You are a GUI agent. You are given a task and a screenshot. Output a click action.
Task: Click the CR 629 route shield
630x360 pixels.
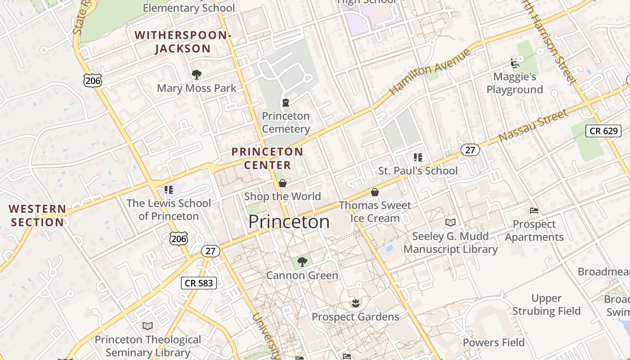tap(603, 131)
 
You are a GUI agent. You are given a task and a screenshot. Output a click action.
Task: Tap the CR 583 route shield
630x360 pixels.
tap(199, 283)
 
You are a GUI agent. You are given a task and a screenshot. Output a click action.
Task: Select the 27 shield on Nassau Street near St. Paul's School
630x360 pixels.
tap(470, 150)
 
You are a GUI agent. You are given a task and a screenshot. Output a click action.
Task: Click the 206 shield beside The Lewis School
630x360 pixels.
tap(179, 238)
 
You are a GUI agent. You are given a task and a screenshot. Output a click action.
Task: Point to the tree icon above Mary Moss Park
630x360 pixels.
tap(196, 74)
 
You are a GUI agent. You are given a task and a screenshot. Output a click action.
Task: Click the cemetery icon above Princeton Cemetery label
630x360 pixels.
tap(285, 103)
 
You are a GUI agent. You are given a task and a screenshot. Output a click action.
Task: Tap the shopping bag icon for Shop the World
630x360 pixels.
tap(283, 183)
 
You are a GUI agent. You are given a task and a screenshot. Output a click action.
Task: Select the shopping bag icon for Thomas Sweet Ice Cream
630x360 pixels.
tap(374, 192)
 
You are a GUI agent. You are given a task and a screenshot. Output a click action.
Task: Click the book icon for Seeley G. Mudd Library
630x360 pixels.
tap(450, 222)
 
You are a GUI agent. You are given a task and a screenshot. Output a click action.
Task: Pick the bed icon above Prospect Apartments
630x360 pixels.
tap(534, 211)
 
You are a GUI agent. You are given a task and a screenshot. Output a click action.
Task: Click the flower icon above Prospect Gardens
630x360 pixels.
tap(355, 303)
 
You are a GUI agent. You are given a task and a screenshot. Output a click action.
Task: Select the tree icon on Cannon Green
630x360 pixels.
tap(302, 261)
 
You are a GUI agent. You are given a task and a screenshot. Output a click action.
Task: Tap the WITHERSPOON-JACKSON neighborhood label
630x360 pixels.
tap(183, 42)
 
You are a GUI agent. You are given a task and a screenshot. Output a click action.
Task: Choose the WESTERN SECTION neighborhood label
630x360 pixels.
tap(38, 216)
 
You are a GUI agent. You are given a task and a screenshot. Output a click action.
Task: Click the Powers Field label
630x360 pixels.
tap(494, 342)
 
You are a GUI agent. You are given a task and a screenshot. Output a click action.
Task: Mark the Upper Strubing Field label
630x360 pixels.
tap(546, 305)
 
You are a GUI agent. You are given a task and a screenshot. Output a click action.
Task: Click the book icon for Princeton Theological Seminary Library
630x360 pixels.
tap(148, 326)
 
